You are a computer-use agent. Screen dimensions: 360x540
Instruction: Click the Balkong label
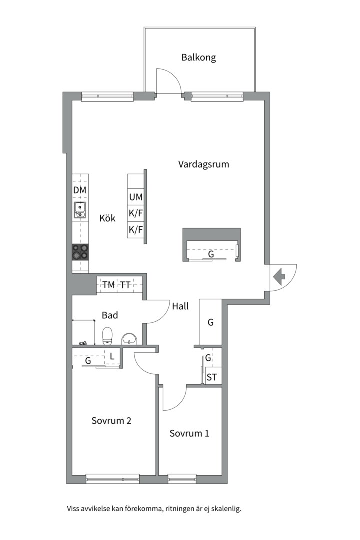(199, 57)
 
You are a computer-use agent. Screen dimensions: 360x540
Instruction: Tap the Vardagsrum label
(203, 164)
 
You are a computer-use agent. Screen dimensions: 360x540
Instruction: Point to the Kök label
(107, 218)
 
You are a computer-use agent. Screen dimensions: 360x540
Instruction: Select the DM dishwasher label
(80, 190)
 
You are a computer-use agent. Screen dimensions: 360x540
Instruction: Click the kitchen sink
(80, 210)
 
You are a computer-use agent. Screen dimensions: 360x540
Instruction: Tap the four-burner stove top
(80, 252)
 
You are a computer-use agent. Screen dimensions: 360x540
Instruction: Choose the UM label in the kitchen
(136, 197)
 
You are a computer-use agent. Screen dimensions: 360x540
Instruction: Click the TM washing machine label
(109, 285)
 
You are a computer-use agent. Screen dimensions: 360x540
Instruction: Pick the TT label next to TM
(125, 285)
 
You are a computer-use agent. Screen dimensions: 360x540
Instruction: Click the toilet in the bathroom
(108, 336)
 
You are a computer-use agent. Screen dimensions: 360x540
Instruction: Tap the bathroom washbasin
(129, 339)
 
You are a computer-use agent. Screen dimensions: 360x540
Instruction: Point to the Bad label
(110, 315)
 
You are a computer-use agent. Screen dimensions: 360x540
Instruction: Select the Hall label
(180, 306)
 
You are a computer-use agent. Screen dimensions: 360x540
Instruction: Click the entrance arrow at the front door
(279, 277)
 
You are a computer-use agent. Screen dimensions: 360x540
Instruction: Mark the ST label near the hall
(212, 377)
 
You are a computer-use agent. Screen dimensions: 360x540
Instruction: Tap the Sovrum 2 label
(111, 421)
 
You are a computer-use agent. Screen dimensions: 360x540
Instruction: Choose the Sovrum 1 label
(189, 433)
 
